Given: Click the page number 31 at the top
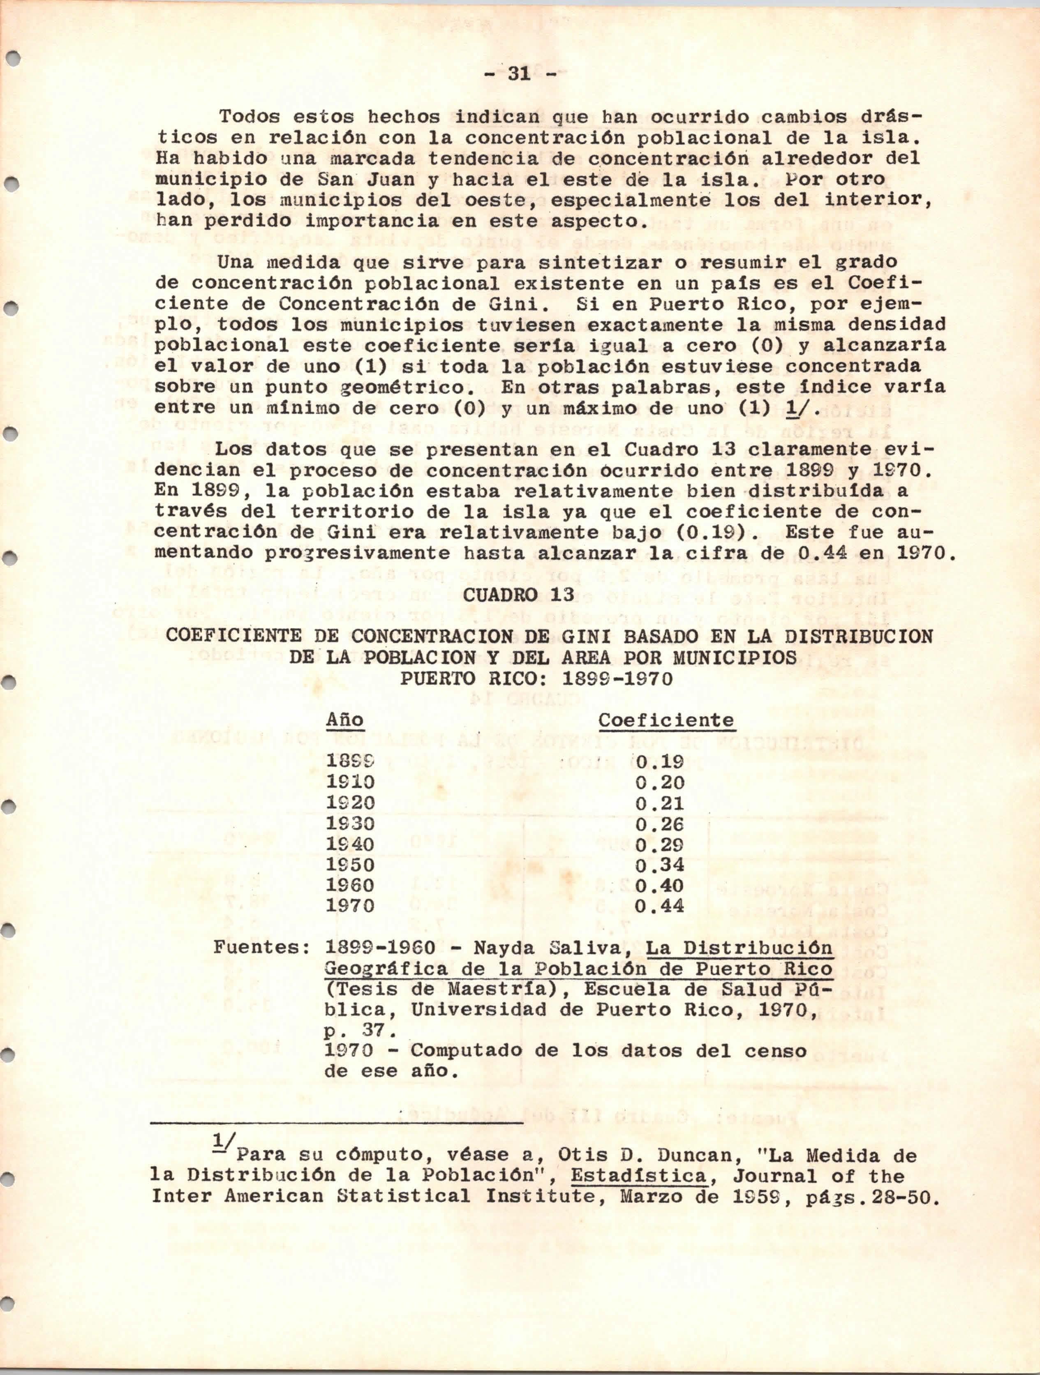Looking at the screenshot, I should (x=520, y=74).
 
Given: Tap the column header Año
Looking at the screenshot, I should (x=345, y=720).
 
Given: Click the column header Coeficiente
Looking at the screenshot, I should (x=666, y=720).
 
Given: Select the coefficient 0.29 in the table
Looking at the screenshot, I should (x=660, y=844).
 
